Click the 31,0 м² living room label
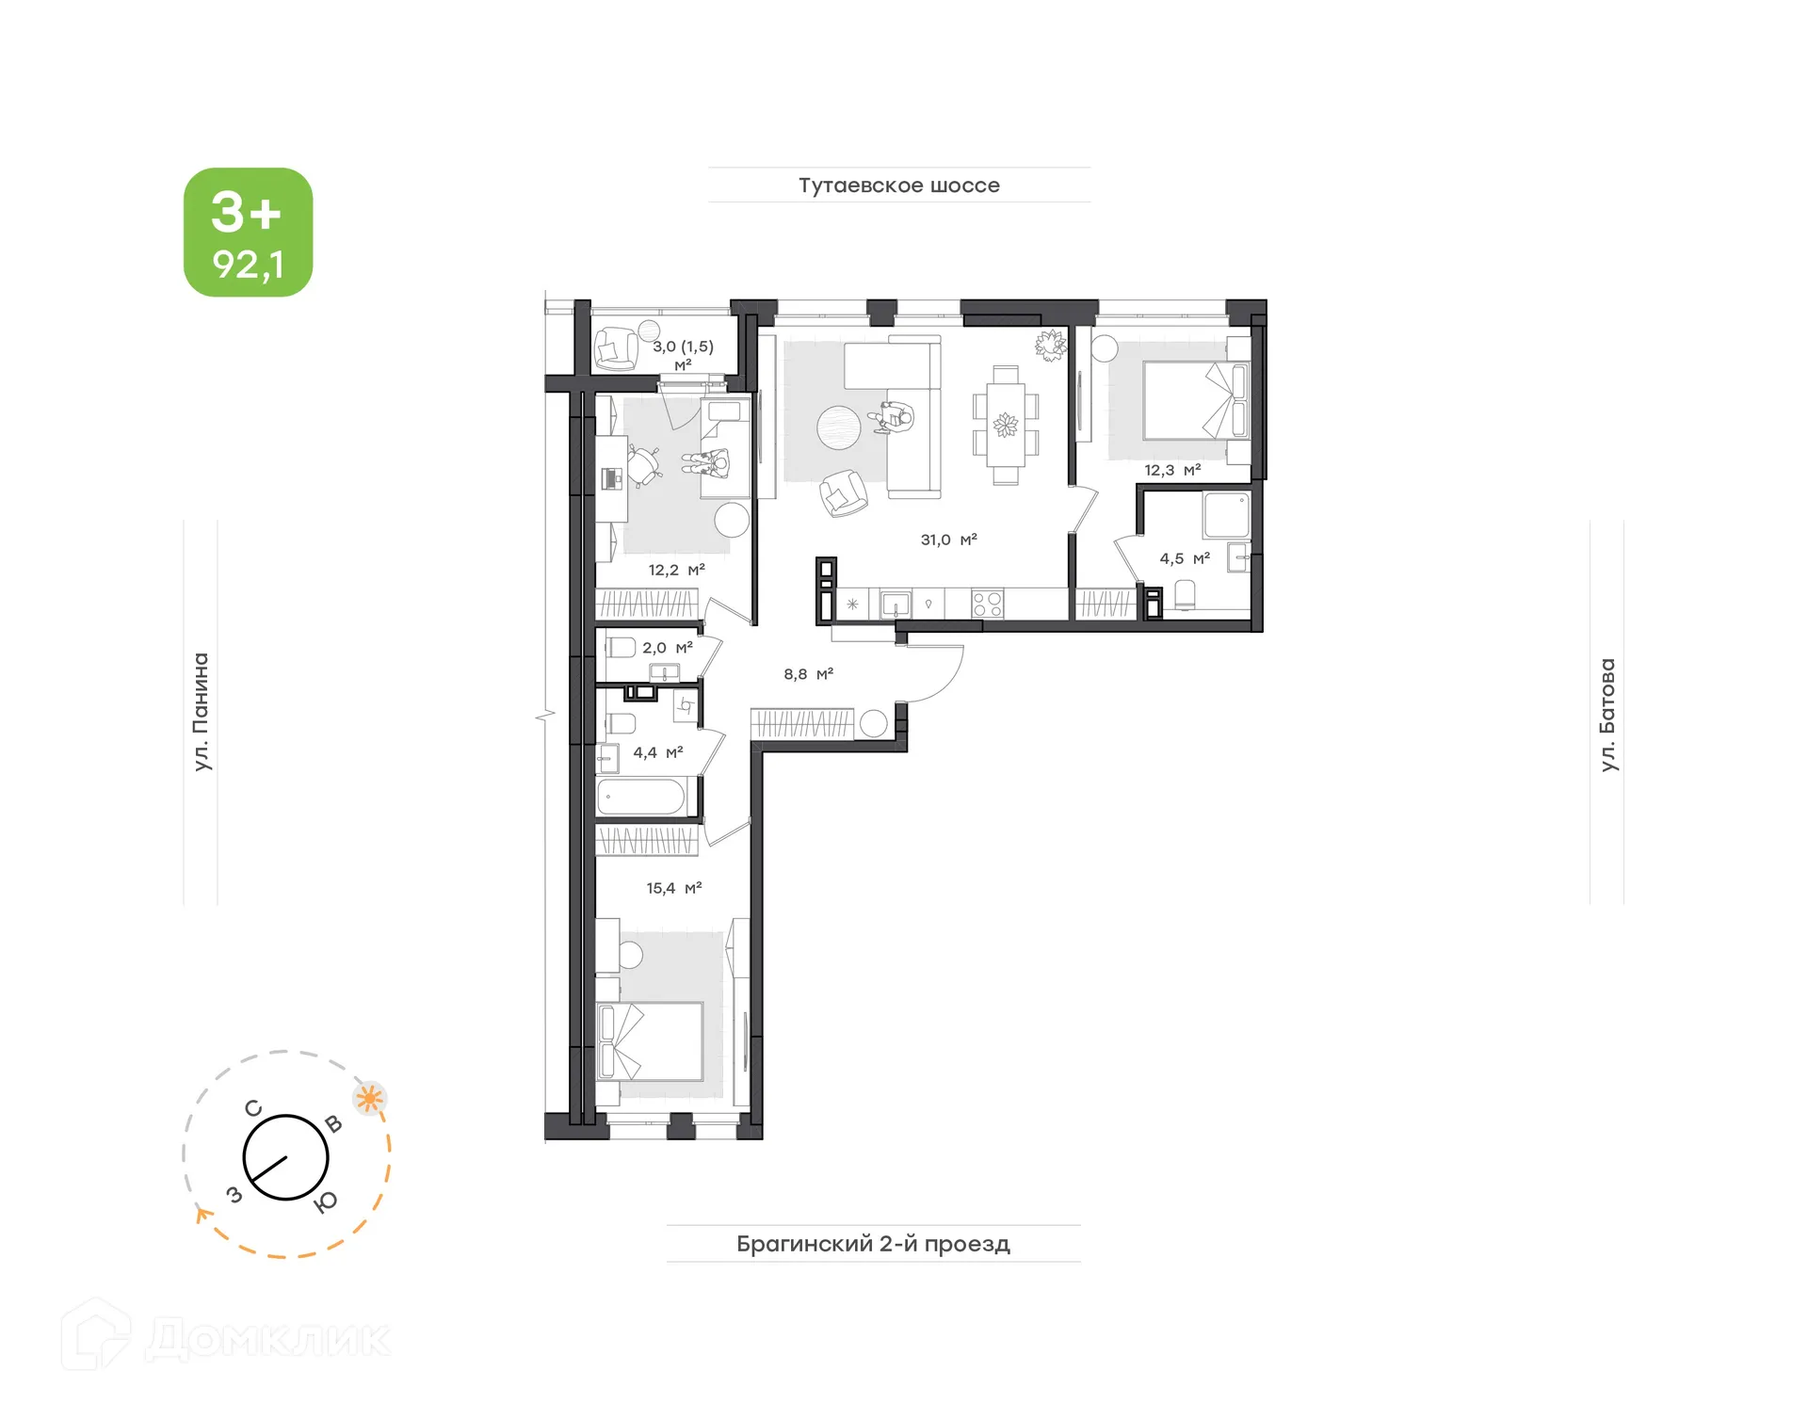(x=948, y=540)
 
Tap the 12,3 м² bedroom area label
(x=1171, y=470)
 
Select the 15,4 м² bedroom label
(x=673, y=888)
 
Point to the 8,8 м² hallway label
(x=808, y=674)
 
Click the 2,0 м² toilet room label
(x=667, y=648)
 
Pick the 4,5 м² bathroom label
(x=1184, y=558)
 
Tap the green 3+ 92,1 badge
(x=248, y=233)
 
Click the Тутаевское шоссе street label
(x=898, y=185)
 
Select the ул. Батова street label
(x=1607, y=715)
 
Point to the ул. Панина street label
(x=201, y=712)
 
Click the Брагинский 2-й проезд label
(x=873, y=1244)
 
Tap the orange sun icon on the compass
(x=369, y=1098)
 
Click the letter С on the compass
(x=253, y=1108)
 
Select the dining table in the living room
(x=1005, y=426)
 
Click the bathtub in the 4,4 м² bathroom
(x=641, y=797)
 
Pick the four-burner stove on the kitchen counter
(x=987, y=604)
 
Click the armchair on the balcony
(x=616, y=347)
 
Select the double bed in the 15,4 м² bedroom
(x=652, y=1040)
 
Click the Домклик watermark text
(x=267, y=1339)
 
